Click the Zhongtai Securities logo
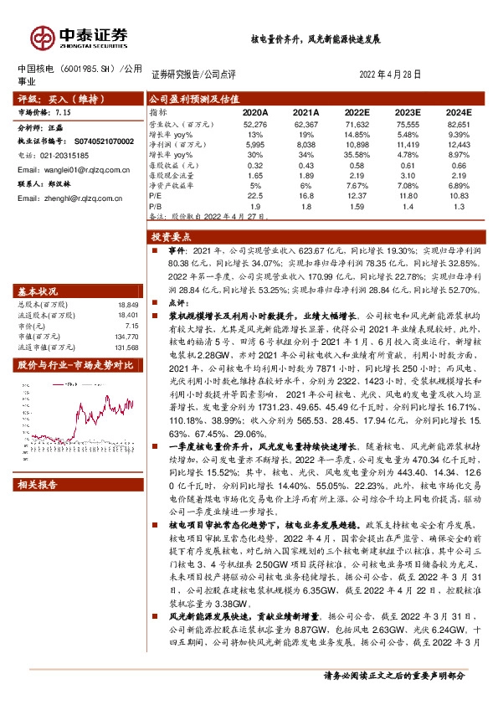coord(80,36)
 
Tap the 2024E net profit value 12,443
coord(459,146)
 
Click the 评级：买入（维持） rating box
coord(60,97)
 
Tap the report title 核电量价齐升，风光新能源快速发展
coord(316,39)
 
